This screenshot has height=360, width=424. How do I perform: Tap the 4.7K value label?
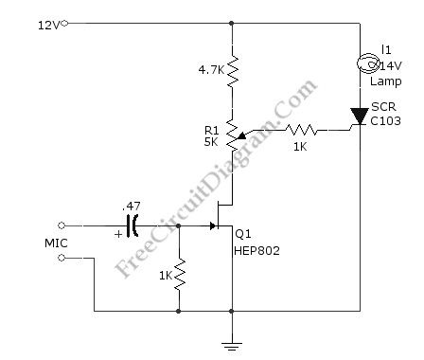click(x=209, y=69)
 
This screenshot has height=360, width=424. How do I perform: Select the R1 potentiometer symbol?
click(x=231, y=138)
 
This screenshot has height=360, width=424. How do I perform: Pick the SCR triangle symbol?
click(x=360, y=117)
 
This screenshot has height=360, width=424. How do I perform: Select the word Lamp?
click(x=391, y=81)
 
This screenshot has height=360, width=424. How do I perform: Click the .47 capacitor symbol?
click(x=132, y=225)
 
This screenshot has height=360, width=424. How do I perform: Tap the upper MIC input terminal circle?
click(x=62, y=225)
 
